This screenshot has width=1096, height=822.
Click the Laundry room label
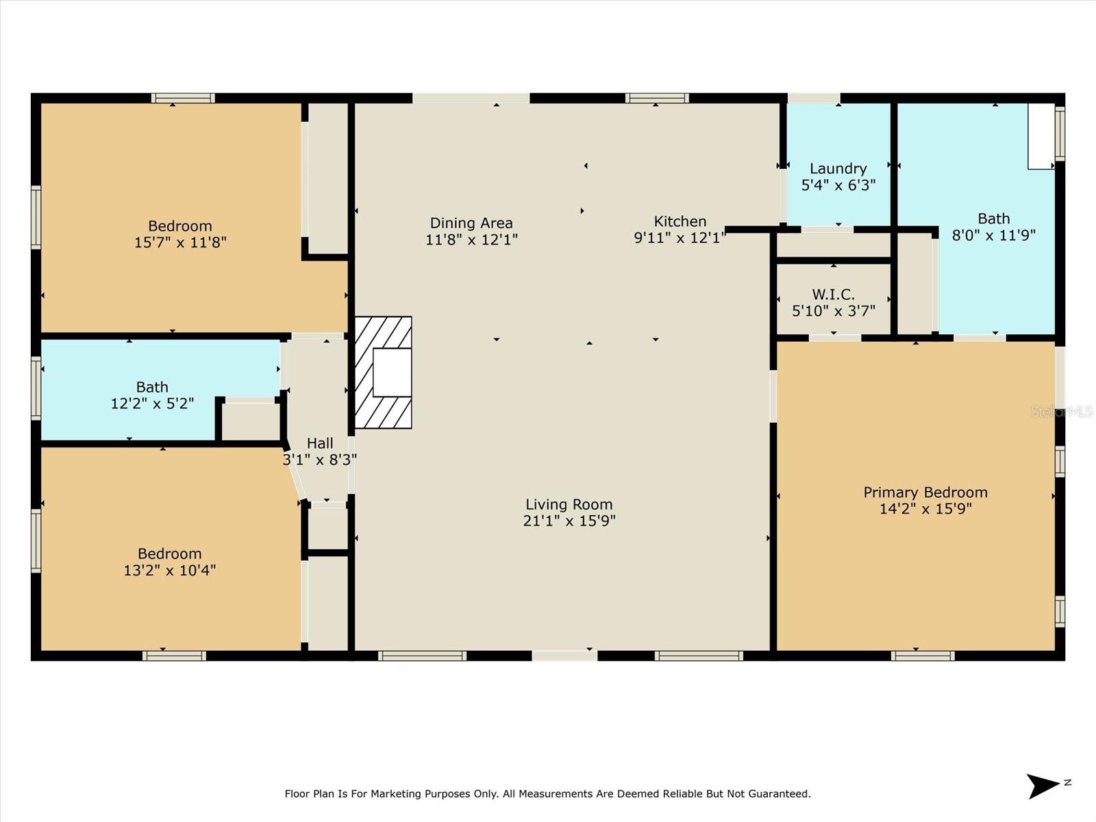[x=838, y=169]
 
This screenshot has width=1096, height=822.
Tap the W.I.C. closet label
[x=834, y=295]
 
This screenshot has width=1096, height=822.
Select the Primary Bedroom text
[x=925, y=492]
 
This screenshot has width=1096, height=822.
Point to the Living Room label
[x=569, y=504]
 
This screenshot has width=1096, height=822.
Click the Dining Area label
[x=471, y=223]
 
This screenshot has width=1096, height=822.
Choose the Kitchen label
[x=680, y=221]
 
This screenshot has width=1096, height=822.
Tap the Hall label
[x=320, y=443]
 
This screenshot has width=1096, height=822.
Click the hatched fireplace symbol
[x=383, y=373]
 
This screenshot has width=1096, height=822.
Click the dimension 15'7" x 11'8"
[x=180, y=242]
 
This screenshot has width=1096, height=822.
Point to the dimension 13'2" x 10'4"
[x=170, y=570]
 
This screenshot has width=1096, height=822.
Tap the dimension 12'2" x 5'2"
[x=152, y=403]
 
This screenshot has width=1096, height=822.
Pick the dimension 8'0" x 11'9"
[x=994, y=235]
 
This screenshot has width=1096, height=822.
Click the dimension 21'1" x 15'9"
[x=569, y=521]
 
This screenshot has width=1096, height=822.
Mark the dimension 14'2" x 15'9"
[x=925, y=508]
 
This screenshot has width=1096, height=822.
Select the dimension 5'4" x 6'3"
[x=838, y=185]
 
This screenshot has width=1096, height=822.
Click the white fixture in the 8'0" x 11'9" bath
[x=1041, y=136]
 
